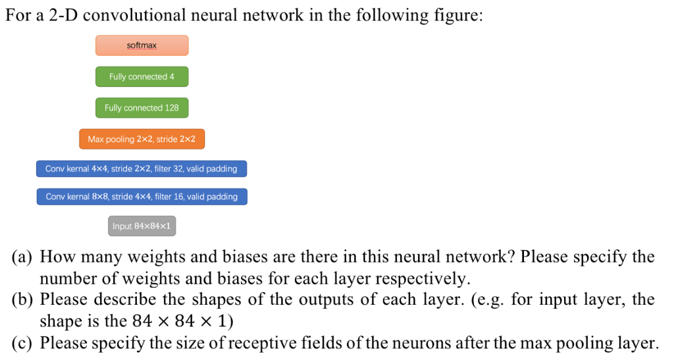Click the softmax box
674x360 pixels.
point(142,45)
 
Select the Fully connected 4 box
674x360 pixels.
point(142,76)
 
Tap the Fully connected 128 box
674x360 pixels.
point(142,107)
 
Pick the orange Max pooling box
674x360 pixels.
point(142,139)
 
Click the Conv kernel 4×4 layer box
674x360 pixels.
point(141,168)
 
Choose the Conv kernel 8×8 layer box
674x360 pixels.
point(142,196)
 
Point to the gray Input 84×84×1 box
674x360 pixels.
point(142,226)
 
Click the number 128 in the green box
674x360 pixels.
point(171,107)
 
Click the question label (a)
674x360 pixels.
point(24,257)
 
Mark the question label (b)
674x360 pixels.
point(24,300)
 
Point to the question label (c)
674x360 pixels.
point(24,343)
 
